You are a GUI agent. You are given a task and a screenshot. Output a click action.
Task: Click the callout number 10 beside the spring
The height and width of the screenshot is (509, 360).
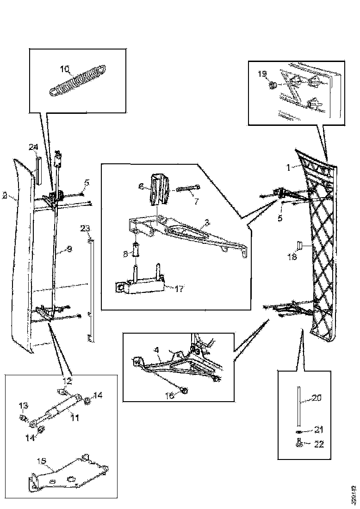click(x=65, y=69)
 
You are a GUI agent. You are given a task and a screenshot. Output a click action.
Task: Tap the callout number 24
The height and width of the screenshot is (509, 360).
click(x=33, y=147)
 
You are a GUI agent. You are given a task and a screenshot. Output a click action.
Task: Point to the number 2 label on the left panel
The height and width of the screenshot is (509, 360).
click(x=4, y=196)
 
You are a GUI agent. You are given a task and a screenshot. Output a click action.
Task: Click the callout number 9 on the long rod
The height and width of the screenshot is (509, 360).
click(x=69, y=249)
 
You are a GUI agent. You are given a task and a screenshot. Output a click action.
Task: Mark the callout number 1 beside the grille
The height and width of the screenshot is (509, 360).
click(x=288, y=168)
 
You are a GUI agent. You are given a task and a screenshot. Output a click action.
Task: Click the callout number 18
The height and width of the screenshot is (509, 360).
click(x=292, y=257)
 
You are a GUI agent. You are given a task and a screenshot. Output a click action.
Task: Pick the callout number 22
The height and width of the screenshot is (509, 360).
click(x=319, y=444)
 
